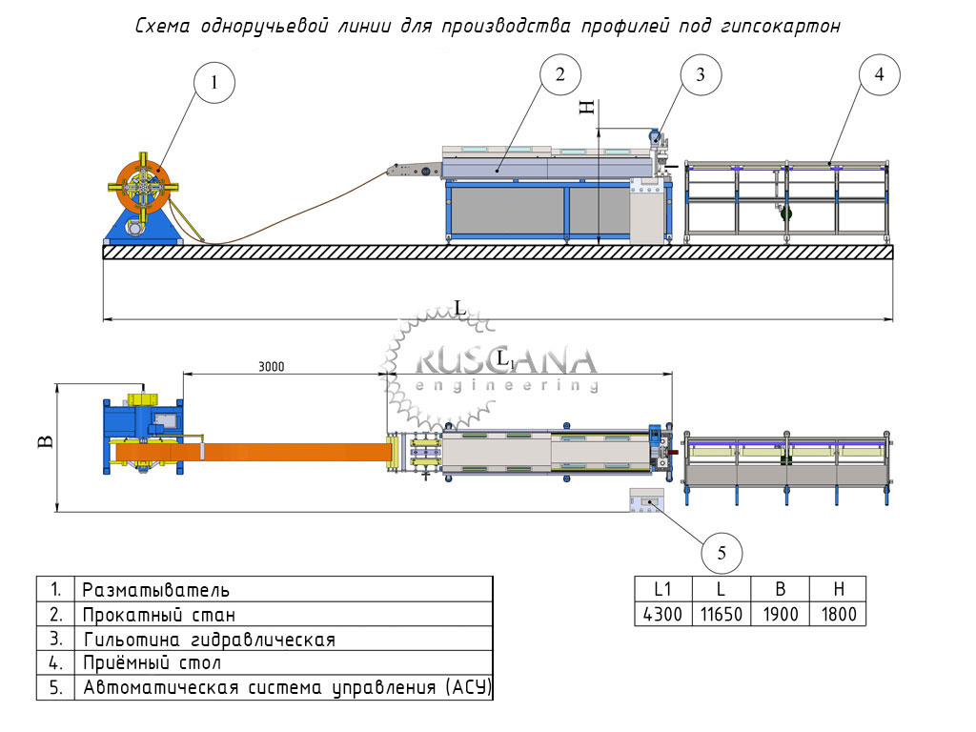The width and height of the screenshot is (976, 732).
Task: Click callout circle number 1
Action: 214,83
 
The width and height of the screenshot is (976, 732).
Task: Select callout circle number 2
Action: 561,74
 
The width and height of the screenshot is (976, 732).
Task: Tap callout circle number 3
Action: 701,75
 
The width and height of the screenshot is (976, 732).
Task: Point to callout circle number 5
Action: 722,552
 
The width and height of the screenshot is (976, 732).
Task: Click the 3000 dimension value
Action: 272,365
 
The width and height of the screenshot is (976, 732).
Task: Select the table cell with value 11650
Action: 722,615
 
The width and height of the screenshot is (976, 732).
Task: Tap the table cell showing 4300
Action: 663,615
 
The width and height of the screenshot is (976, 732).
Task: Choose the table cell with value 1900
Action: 780,615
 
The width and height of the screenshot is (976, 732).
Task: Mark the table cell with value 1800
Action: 839,615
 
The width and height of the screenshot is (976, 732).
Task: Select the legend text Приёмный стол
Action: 152,662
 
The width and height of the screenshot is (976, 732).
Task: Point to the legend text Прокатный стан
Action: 159,615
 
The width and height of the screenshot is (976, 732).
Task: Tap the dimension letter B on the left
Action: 45,441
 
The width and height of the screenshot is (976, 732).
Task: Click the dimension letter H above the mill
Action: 589,108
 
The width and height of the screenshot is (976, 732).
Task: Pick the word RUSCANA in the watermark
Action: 506,361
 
